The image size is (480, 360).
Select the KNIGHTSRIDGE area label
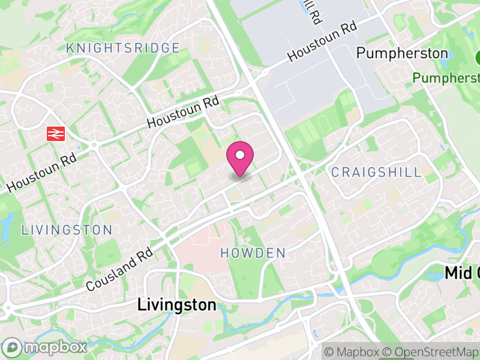point(123,48)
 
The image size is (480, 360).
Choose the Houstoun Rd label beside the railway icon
point(42,171)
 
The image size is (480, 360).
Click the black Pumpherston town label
point(402,53)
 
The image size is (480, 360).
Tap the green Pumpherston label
point(447,78)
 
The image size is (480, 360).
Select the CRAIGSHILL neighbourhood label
point(377,173)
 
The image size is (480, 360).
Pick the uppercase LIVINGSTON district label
point(67,230)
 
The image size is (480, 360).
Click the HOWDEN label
point(253,253)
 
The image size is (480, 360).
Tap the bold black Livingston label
point(176,305)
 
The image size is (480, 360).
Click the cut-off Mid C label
point(462,274)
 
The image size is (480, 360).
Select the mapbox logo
point(46,347)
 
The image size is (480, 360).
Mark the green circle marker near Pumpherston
point(478,58)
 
